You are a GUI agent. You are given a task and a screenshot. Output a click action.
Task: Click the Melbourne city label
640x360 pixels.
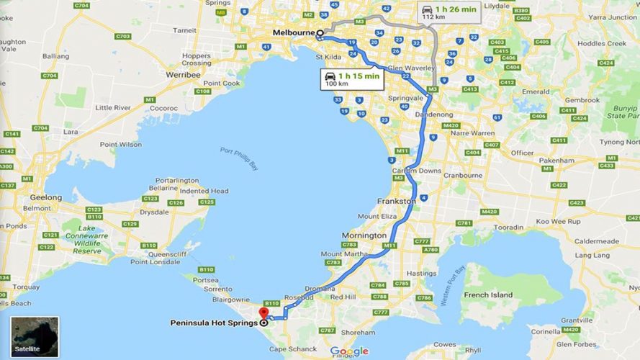[x=293, y=33]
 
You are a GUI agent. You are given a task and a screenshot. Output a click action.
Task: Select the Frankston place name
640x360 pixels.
[x=397, y=202]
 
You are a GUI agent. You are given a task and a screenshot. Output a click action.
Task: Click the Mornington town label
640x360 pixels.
[x=364, y=235]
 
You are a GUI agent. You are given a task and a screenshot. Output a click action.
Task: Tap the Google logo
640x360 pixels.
[x=349, y=351]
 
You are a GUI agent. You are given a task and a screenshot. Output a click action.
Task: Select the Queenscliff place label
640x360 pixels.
[x=150, y=253]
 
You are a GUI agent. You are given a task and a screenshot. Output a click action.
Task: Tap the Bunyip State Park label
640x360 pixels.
[x=623, y=114]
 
